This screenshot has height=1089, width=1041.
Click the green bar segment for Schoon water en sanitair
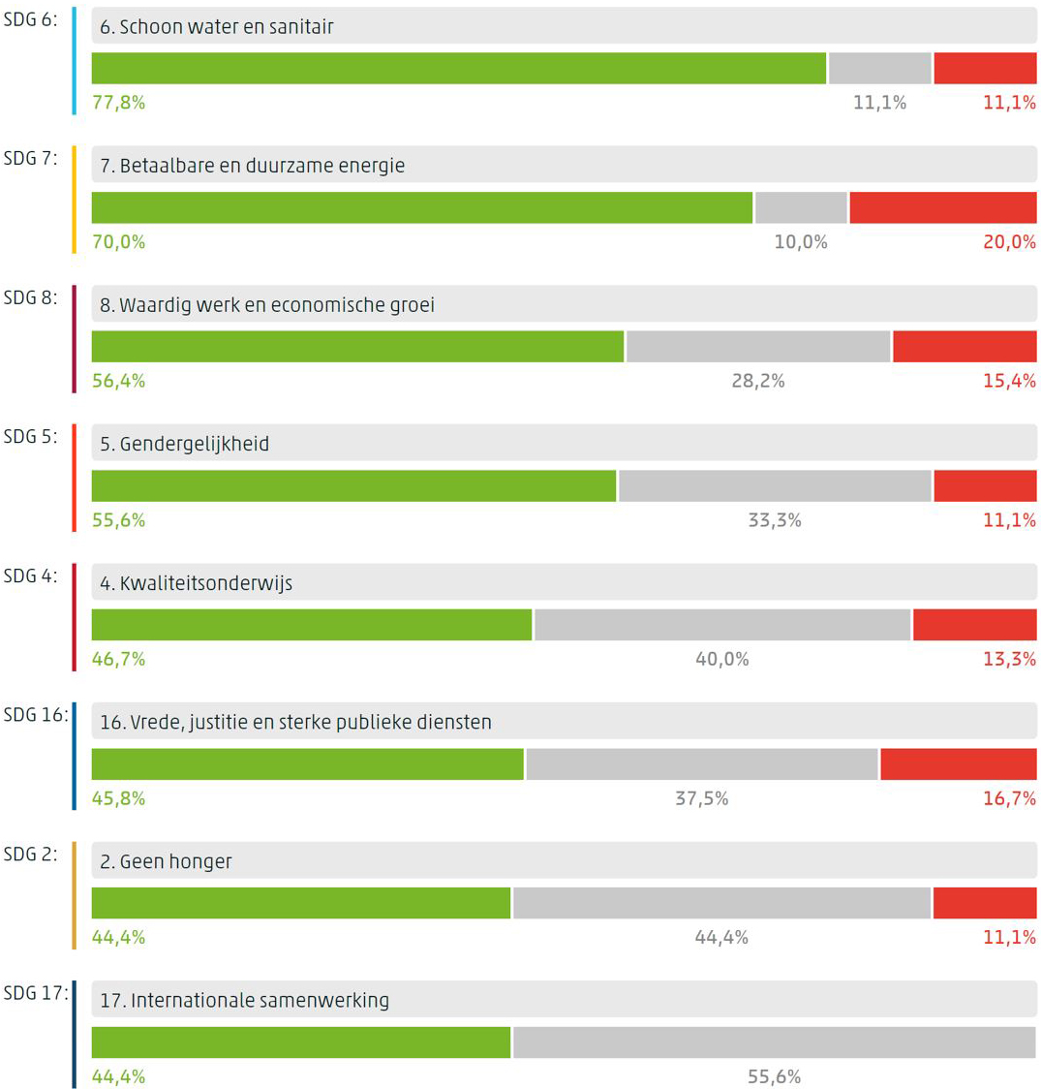coord(458,69)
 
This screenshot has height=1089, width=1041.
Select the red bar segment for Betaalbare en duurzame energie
coord(942,207)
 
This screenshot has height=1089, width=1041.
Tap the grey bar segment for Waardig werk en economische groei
coord(757,347)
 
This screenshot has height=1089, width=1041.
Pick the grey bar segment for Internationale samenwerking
coord(774,1042)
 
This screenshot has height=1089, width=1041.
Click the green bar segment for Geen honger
coord(300,903)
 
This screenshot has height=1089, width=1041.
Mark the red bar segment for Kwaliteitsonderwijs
coord(974,625)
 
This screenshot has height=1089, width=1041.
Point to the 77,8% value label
coord(118,103)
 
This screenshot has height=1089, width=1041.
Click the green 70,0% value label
coord(118,242)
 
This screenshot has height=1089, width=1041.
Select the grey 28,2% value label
coord(757,381)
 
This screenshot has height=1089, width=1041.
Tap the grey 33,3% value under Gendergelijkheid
coord(774,520)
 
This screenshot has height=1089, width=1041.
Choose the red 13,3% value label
coord(1009,660)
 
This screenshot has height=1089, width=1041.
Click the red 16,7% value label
coord(1009,798)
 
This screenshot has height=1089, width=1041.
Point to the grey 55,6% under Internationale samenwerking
coord(774,1076)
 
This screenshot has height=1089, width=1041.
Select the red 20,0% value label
coord(1009,242)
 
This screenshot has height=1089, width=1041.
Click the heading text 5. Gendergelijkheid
coord(184,445)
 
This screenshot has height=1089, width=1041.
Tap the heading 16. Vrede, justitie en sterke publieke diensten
coord(295,723)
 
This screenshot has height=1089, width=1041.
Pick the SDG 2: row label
coord(30,854)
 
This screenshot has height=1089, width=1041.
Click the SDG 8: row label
coord(30,297)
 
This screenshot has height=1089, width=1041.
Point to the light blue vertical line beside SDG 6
coord(75,61)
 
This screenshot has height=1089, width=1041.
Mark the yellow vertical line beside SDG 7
coord(75,200)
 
